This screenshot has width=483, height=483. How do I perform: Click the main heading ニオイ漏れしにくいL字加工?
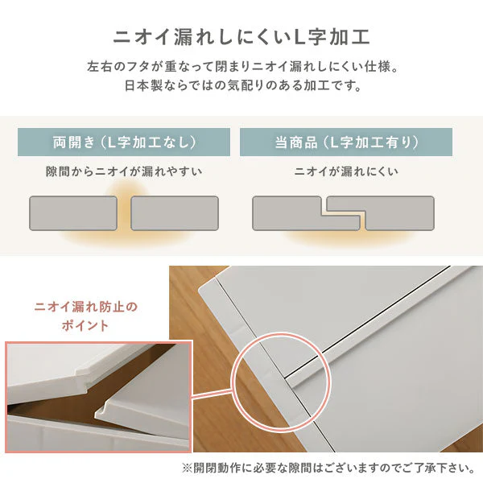coord(242,37)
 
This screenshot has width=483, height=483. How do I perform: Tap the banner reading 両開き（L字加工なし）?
coord(124,142)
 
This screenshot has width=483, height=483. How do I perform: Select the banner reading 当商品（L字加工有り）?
coord(346,142)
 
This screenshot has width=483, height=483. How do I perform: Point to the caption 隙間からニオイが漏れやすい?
coord(124,171)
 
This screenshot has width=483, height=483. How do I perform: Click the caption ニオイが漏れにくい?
coord(346,171)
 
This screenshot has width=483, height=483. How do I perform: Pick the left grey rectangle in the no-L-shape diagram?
coord(73,213)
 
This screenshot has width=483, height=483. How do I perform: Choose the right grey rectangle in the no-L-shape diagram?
coord(175,213)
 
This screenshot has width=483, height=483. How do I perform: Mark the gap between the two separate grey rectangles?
coord(124,213)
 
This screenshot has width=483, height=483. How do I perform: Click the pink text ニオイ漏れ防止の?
coord(85,308)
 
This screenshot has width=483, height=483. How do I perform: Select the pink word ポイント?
coord(85,325)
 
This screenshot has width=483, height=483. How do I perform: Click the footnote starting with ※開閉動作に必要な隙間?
coord(328,469)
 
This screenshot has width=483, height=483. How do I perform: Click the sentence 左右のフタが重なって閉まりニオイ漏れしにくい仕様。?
coord(242,67)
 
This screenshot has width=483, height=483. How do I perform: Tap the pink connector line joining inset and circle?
coord(212,394)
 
